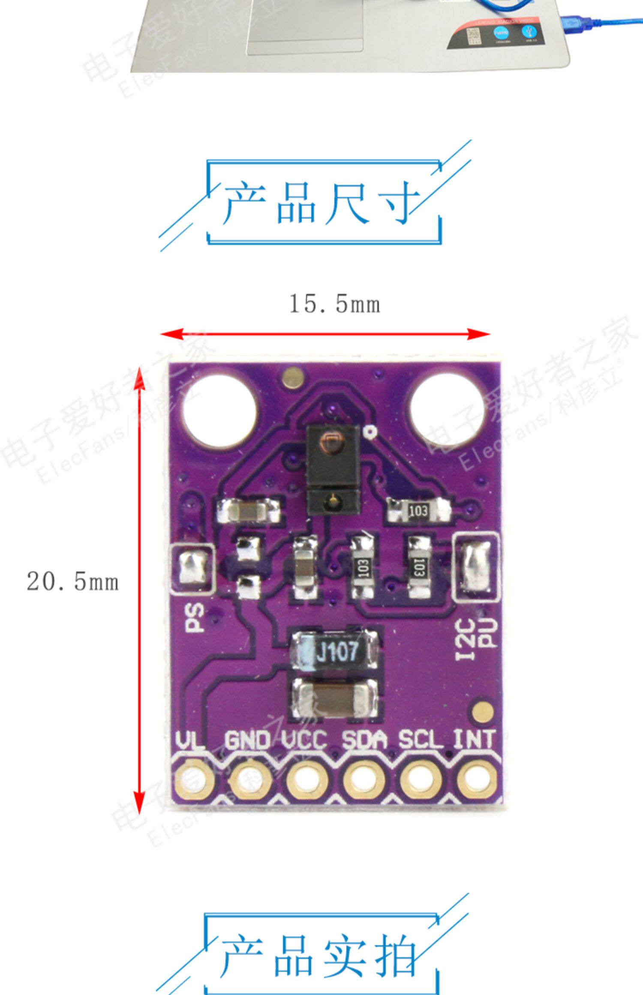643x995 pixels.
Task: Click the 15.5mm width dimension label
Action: point(335,304)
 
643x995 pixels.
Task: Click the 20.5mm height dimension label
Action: point(72,582)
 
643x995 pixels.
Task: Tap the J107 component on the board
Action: point(336,652)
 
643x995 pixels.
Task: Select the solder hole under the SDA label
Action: point(363,779)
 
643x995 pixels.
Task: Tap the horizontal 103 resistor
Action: point(418,511)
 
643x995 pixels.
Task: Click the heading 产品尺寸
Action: point(322,203)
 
